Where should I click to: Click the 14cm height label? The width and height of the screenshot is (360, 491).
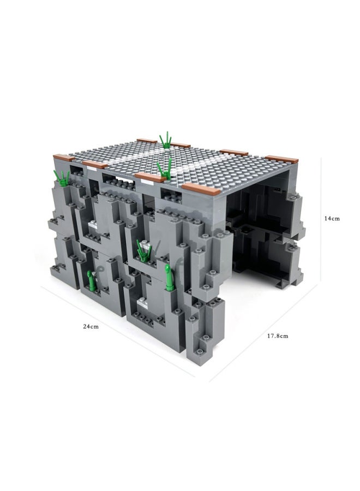(332, 218)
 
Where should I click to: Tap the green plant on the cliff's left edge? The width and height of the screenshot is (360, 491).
(61, 177)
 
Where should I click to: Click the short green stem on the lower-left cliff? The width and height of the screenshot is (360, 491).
(91, 279)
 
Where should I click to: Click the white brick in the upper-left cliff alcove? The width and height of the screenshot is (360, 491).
(94, 224)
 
